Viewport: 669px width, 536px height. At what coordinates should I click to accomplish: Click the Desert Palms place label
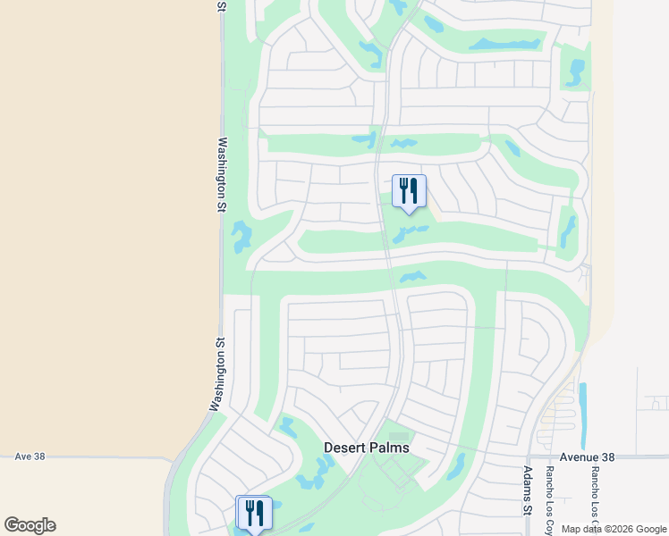(x=367, y=447)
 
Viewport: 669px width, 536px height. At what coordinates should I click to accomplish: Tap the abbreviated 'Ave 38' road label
(x=30, y=456)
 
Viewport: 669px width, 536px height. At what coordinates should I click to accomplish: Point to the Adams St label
(x=527, y=490)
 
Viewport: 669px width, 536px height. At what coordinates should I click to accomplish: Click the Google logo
(x=30, y=525)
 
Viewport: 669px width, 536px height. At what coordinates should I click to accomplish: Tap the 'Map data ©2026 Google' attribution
(x=614, y=529)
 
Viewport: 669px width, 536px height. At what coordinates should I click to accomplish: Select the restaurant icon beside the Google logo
(x=254, y=512)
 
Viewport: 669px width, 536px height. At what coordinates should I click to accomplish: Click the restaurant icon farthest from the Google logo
(x=409, y=189)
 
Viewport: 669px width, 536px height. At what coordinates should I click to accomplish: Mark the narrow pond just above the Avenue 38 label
(x=583, y=415)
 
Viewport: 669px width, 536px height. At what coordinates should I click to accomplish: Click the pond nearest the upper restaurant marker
(x=410, y=232)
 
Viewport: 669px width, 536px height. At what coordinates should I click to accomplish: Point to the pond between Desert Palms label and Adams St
(x=456, y=465)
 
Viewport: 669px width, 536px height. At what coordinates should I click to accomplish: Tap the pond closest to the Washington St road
(x=241, y=237)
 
